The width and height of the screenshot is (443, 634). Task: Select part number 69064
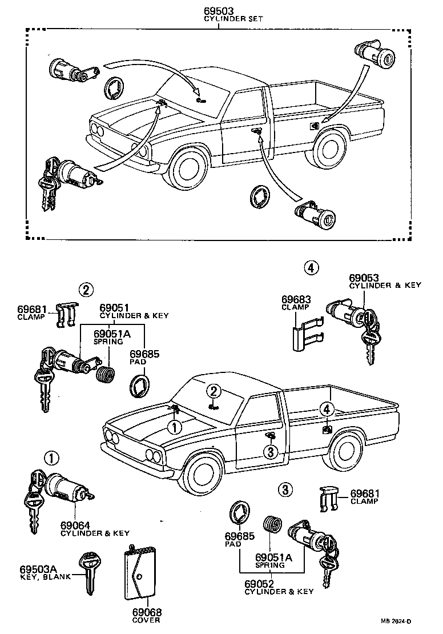coord(76,524)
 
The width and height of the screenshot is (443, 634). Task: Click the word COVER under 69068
coord(146,620)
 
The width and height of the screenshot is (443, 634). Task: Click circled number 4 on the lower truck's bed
coord(327,409)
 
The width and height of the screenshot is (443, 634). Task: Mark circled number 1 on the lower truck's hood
coord(174,427)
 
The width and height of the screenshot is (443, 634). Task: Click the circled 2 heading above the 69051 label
coord(85,290)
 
